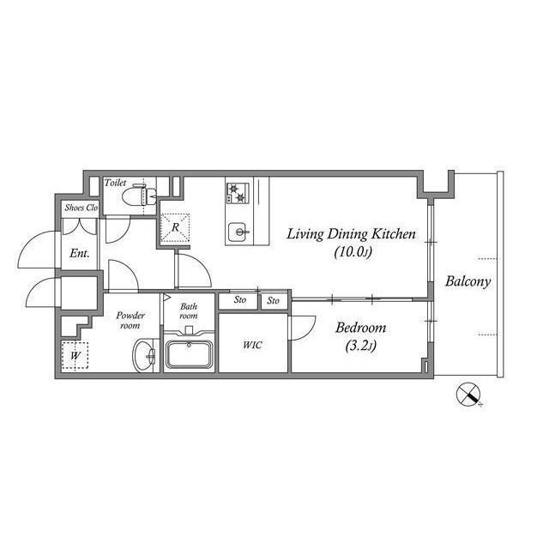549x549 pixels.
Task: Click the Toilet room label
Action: tap(115, 183)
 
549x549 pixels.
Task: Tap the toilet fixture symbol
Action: tap(139, 196)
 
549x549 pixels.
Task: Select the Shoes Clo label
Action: tap(81, 208)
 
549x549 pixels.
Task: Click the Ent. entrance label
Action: tap(79, 253)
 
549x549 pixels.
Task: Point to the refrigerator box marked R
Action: tap(175, 227)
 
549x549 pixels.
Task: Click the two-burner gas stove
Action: tap(238, 193)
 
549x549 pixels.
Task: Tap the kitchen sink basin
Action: tap(239, 232)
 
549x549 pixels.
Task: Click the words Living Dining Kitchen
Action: tap(351, 234)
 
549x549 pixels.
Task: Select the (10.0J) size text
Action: tap(353, 251)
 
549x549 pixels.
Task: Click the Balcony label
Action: tap(468, 281)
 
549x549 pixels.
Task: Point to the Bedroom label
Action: tap(360, 328)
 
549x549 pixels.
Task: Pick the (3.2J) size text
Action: tap(360, 346)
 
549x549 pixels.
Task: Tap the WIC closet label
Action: tap(252, 345)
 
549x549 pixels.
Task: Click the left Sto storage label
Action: tap(240, 299)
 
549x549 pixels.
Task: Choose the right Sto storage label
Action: tap(274, 300)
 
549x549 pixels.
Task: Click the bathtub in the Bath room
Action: tap(190, 353)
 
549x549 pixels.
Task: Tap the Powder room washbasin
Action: tap(144, 355)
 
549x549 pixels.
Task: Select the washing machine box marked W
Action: tap(75, 355)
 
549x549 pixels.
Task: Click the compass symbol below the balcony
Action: tap(468, 395)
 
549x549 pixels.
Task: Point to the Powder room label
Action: tap(130, 320)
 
